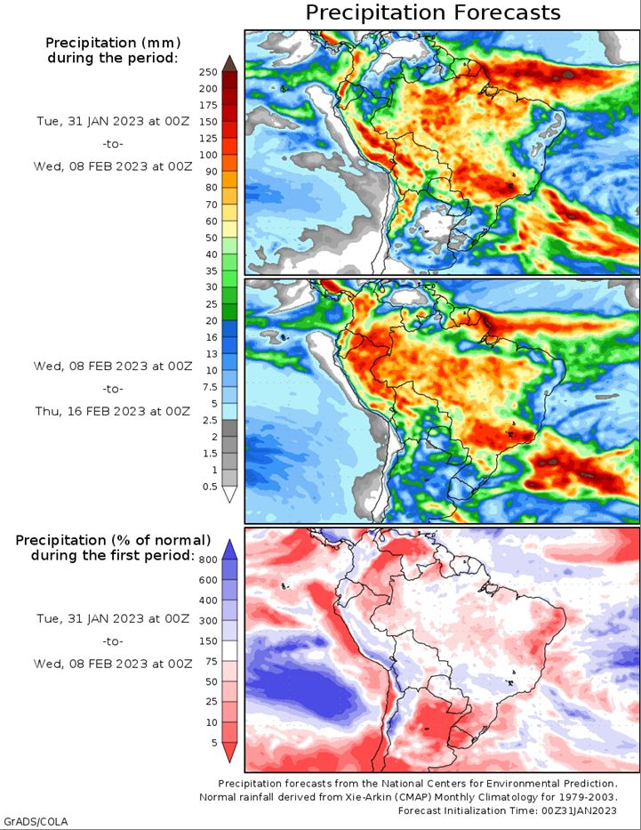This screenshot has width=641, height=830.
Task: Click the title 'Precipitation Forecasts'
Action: pos(433,12)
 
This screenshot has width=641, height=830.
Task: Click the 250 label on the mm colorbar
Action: pos(208,73)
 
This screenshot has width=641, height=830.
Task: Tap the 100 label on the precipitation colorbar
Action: pos(208,155)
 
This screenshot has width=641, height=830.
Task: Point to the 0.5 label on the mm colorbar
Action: pos(210,487)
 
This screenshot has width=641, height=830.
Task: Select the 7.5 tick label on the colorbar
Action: pos(210,387)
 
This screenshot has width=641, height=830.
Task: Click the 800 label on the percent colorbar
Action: pos(208,560)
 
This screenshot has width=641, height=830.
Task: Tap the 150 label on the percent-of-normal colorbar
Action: pos(208,641)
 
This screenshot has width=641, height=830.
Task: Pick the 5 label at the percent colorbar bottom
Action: pos(214,743)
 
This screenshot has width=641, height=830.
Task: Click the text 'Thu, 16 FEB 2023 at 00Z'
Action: pos(113,411)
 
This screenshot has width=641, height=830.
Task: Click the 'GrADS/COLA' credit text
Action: pos(35,821)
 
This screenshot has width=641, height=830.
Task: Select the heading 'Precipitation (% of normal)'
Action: pos(113,541)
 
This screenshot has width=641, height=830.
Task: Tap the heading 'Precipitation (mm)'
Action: pos(113,43)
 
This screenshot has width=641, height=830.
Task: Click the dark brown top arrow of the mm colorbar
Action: pos(229,63)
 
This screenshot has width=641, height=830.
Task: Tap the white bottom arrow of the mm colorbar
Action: pos(229,495)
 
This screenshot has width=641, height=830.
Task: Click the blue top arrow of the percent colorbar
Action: pos(229,549)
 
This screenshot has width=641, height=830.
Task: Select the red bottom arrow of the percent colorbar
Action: pos(229,753)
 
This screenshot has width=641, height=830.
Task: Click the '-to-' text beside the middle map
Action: pos(113,389)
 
